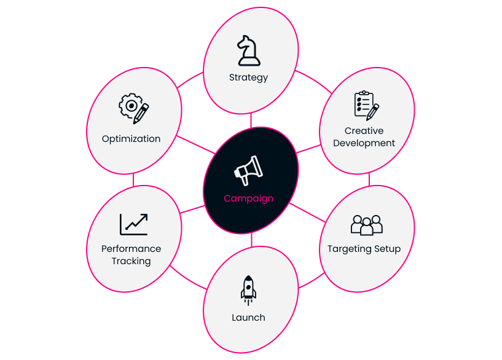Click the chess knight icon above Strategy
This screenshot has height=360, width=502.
pos(248,50)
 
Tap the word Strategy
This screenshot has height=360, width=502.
pos(248,77)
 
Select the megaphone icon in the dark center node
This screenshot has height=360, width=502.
pos(248,170)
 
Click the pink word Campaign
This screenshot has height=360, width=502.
pos(248,198)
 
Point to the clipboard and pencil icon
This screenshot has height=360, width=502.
pos(367,106)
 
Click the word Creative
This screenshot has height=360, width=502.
pos(364,131)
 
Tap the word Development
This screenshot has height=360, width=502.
pos(364,143)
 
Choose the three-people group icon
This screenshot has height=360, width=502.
pos(367,225)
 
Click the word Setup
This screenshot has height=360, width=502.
pos(387,249)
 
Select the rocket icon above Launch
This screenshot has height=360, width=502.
pos(248,290)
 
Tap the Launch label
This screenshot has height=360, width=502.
pos(248,318)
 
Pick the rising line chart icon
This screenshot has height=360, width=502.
pos(134,224)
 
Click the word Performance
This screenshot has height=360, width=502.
pos(131,249)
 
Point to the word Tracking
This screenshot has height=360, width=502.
pos(131,261)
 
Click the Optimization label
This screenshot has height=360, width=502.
pos(131,139)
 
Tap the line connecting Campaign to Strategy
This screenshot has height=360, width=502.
pos(251,120)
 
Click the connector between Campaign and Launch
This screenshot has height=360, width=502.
pos(252,240)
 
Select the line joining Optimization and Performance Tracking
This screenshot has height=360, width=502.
pos(133,180)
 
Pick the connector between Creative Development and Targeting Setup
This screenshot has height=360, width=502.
pos(369,179)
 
